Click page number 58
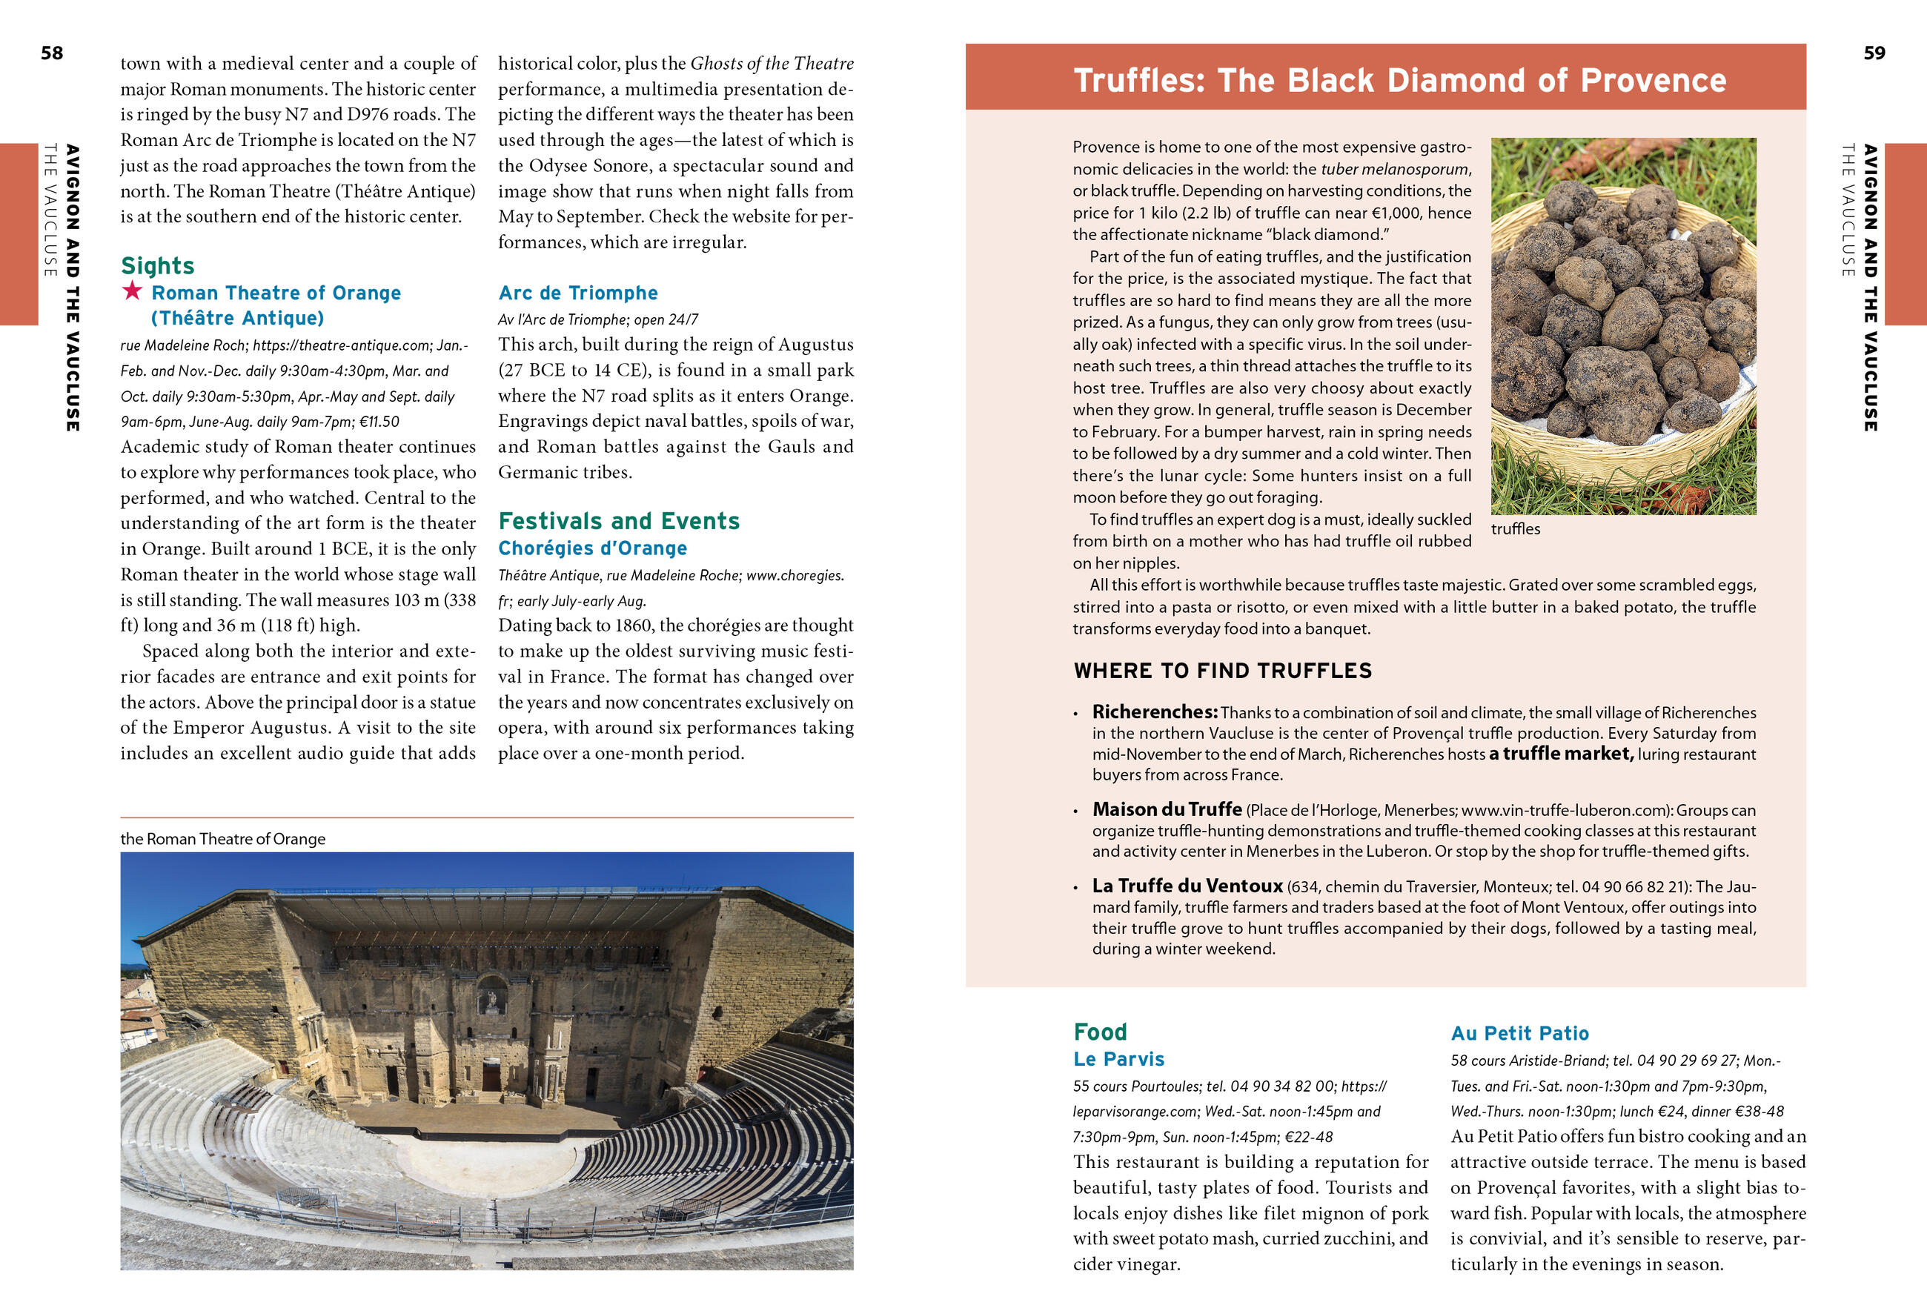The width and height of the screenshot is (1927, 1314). (51, 53)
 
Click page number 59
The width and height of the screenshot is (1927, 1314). (1874, 53)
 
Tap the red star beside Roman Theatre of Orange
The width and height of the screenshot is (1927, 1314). (132, 291)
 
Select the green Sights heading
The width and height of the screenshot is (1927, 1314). (158, 265)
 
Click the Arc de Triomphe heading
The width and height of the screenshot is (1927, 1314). (578, 293)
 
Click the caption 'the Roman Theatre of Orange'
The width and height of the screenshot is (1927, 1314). (222, 838)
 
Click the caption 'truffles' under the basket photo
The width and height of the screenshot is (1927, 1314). (1515, 529)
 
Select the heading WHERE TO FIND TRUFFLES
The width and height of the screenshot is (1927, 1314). (1222, 671)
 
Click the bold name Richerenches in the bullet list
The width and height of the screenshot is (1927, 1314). (1154, 712)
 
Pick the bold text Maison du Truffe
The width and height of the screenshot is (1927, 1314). (1167, 809)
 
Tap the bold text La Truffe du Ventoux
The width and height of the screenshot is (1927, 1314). (1187, 886)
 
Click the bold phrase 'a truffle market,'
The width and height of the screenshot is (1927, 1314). (1561, 754)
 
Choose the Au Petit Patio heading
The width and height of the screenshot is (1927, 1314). (1519, 1033)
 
